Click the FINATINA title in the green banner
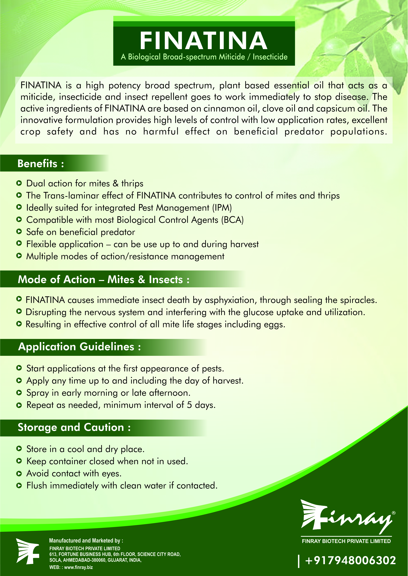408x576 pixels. (x=203, y=41)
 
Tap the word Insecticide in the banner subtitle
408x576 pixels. (x=270, y=57)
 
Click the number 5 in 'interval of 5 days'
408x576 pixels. (x=189, y=405)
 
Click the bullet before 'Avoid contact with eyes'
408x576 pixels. (x=19, y=474)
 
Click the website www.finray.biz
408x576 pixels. (x=78, y=567)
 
